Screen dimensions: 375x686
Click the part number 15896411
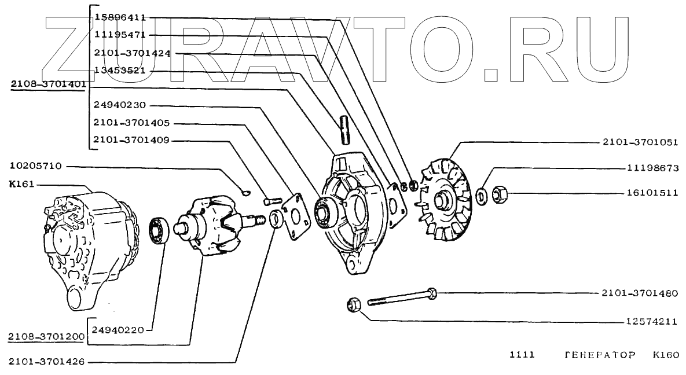120,18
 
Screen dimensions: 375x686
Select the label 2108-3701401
49,84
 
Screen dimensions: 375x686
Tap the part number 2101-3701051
639,142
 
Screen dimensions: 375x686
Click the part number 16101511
652,193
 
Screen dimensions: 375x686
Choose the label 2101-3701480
639,293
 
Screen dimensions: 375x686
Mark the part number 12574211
652,321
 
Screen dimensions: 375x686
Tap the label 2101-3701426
47,362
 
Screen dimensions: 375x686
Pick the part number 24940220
119,330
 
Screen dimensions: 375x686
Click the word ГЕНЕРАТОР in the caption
598,354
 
